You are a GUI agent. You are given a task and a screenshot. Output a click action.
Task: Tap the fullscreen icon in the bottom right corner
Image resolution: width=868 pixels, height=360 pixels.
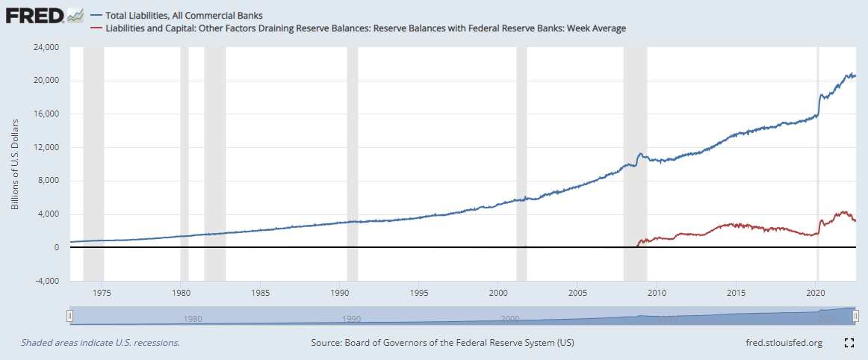pyautogui.click(x=849, y=343)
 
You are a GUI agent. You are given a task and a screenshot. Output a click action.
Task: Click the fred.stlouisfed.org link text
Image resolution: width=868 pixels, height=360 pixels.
pyautogui.click(x=784, y=343)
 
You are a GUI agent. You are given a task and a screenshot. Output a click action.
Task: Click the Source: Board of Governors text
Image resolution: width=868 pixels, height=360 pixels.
pyautogui.click(x=442, y=343)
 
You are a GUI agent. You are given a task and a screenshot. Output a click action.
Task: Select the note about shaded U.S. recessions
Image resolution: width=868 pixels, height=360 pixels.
pyautogui.click(x=100, y=343)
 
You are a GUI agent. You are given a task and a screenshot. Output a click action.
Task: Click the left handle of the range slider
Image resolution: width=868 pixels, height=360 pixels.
pyautogui.click(x=69, y=317)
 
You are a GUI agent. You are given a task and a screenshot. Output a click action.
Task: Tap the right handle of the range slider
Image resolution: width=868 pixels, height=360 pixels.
pyautogui.click(x=855, y=317)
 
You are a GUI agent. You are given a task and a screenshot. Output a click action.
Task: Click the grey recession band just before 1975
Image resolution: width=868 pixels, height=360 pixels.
pyautogui.click(x=93, y=149)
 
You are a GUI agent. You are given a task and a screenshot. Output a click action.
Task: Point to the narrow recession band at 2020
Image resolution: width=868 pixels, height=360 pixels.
pyautogui.click(x=818, y=149)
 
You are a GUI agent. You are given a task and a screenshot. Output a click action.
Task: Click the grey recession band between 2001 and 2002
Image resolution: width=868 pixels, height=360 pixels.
pyautogui.click(x=521, y=149)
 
